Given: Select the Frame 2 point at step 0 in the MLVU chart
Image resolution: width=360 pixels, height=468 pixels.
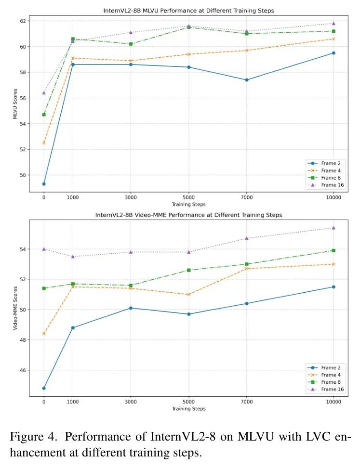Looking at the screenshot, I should click(x=44, y=184).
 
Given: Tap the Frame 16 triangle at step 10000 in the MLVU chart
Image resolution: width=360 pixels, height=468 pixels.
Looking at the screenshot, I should click(x=333, y=24).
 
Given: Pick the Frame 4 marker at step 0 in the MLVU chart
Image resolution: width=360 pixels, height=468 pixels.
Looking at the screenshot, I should click(x=44, y=143).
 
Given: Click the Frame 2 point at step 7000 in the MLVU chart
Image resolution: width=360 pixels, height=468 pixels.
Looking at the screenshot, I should click(x=247, y=80).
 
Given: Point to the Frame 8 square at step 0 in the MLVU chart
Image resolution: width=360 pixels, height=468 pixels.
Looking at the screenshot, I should click(x=44, y=115).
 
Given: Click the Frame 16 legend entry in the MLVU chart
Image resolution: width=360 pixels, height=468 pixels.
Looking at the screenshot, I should click(x=327, y=185).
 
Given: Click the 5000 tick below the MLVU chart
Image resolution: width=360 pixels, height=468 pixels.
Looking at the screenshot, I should click(x=188, y=196).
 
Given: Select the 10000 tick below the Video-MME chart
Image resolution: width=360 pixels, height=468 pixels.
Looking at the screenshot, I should click(x=333, y=401).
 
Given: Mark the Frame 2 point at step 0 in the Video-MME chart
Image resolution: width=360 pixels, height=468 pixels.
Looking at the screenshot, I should click(x=44, y=388).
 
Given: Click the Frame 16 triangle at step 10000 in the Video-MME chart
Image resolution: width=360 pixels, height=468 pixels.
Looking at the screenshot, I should click(x=333, y=228).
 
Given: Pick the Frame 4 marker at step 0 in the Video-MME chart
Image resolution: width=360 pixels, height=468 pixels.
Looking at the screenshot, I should click(x=44, y=334).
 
